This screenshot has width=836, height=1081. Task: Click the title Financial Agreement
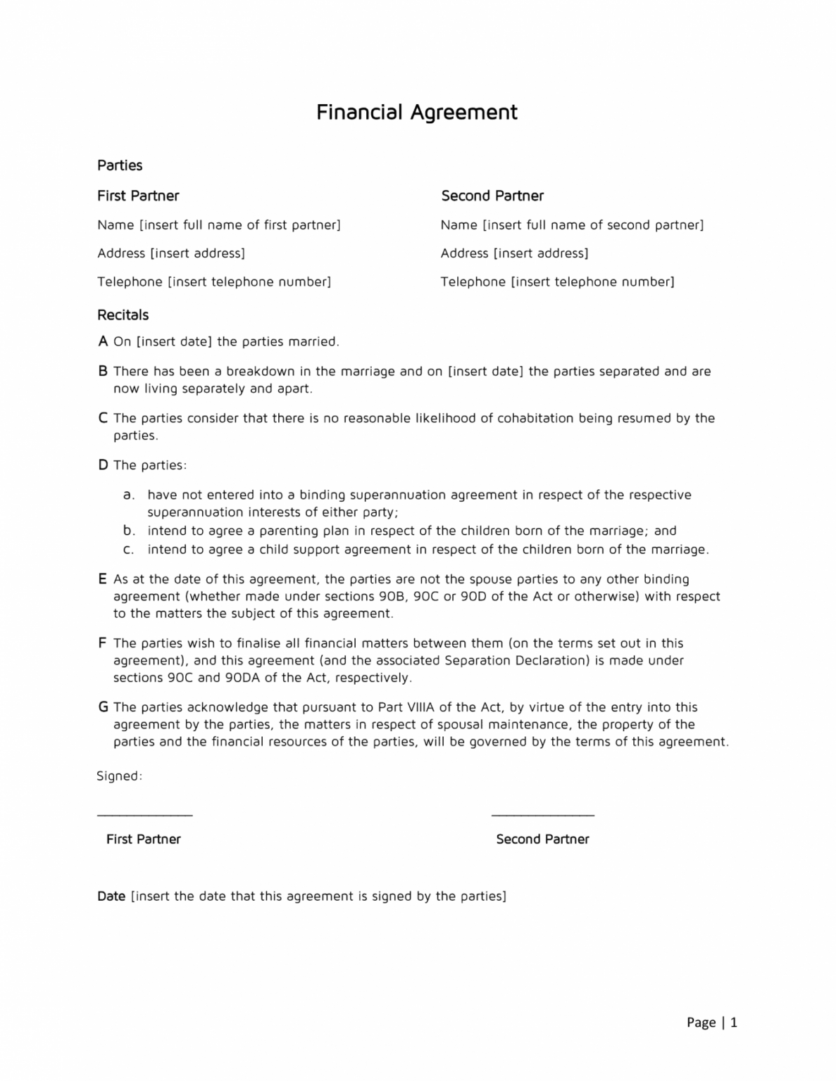pyautogui.click(x=416, y=113)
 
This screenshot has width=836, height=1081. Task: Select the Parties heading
pyautogui.click(x=120, y=165)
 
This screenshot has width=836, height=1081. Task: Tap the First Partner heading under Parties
pyautogui.click(x=138, y=196)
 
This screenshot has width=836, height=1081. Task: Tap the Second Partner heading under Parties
pyautogui.click(x=492, y=196)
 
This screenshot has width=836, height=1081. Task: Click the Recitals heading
pyautogui.click(x=123, y=315)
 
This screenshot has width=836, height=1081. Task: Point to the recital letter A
pyautogui.click(x=103, y=341)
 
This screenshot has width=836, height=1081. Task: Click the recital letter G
pyautogui.click(x=104, y=707)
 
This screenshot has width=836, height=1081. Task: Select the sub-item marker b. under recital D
pyautogui.click(x=129, y=531)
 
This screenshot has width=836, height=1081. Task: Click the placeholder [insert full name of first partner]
pyautogui.click(x=239, y=225)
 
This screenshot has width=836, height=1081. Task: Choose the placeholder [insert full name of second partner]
pyautogui.click(x=593, y=225)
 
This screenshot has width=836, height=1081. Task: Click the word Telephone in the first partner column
pyautogui.click(x=130, y=282)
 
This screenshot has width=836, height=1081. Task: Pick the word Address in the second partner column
pyautogui.click(x=464, y=253)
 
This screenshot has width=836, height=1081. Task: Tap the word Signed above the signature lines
pyautogui.click(x=119, y=776)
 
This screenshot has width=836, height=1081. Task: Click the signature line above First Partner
pyautogui.click(x=144, y=815)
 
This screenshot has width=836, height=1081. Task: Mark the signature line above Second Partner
pyautogui.click(x=542, y=815)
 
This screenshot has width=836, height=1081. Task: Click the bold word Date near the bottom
pyautogui.click(x=111, y=896)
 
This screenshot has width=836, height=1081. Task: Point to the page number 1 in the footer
pyautogui.click(x=733, y=1023)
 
